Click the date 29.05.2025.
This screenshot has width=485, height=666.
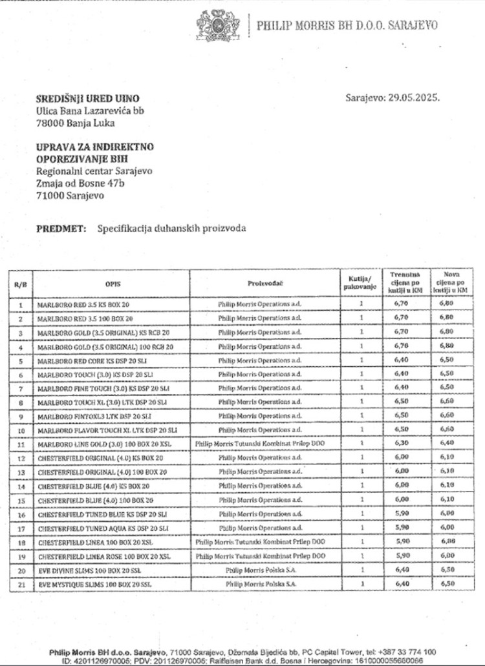point(414,98)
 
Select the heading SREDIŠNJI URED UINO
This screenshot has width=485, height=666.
point(87,98)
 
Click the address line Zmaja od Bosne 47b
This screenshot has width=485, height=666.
point(80,183)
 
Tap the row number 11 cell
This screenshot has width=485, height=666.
point(20,444)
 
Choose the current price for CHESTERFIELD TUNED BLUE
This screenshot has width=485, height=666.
point(402,514)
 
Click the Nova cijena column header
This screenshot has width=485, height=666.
point(447,283)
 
